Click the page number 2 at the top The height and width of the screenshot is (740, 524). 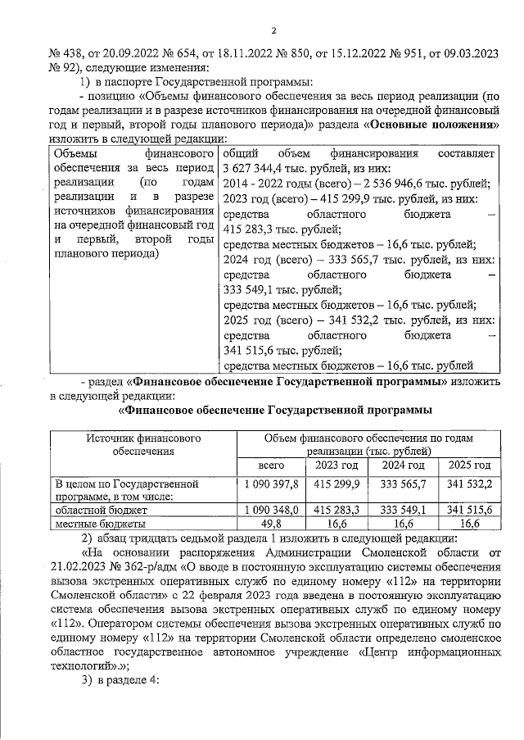click(x=274, y=31)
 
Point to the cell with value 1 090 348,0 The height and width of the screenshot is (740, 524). click(x=271, y=509)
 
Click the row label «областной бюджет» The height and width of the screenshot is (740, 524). click(x=97, y=509)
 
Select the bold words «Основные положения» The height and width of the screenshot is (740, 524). click(x=432, y=125)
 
